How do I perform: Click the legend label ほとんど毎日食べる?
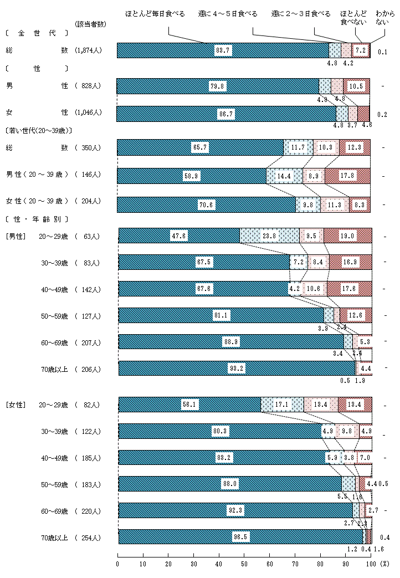(x=155, y=13)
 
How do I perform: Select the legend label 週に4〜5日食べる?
(x=228, y=13)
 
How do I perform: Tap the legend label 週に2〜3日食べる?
(x=301, y=13)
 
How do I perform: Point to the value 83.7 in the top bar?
(x=223, y=50)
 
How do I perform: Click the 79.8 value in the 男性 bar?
(x=217, y=86)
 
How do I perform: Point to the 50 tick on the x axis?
(x=244, y=564)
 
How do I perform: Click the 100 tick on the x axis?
(x=371, y=564)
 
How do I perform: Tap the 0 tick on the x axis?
(x=117, y=564)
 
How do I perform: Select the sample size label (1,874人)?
(x=89, y=51)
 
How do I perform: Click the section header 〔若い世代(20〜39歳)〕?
(x=39, y=131)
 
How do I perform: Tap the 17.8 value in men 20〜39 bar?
(x=347, y=176)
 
